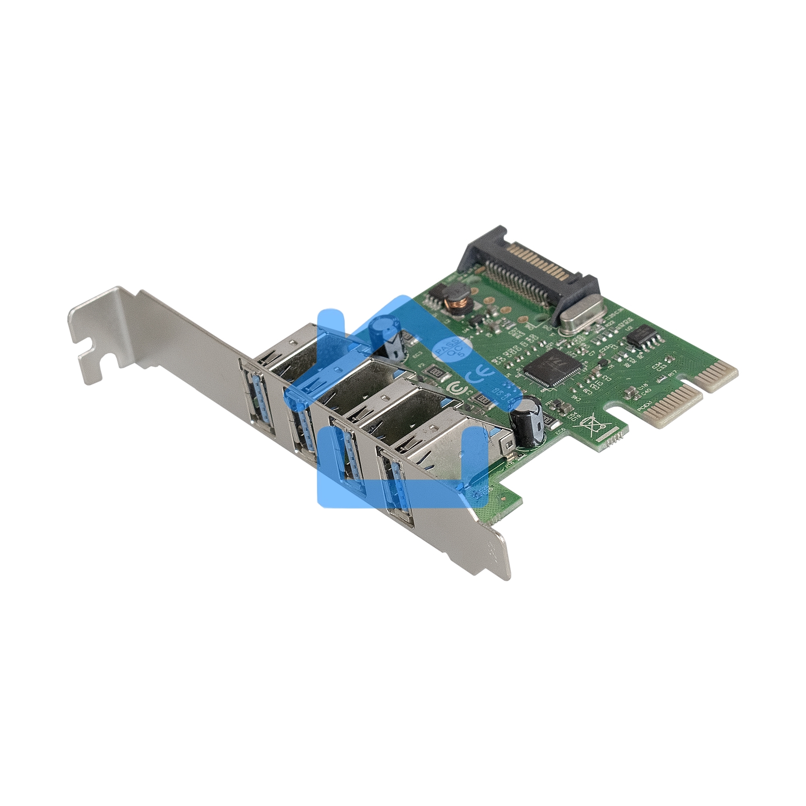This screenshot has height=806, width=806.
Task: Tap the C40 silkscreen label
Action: tap(646, 391)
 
